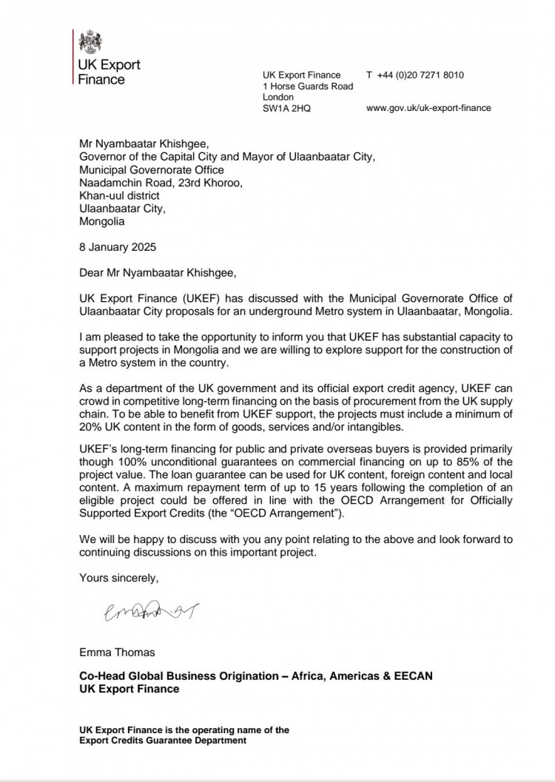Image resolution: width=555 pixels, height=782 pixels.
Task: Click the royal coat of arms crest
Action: pyautogui.click(x=92, y=41)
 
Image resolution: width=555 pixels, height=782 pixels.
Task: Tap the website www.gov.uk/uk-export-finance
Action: pyautogui.click(x=428, y=108)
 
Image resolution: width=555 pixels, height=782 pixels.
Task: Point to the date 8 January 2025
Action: pyautogui.click(x=118, y=246)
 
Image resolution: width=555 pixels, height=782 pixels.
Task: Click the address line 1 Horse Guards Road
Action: pyautogui.click(x=308, y=86)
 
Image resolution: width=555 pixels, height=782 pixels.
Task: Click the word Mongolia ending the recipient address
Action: pyautogui.click(x=102, y=220)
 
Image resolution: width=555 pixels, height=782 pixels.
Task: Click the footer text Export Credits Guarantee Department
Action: pyautogui.click(x=163, y=741)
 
